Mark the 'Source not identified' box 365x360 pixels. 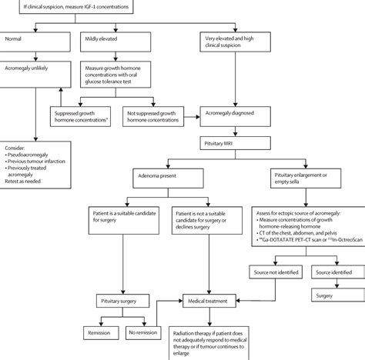tap(277, 272)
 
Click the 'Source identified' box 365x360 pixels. tap(335, 272)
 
